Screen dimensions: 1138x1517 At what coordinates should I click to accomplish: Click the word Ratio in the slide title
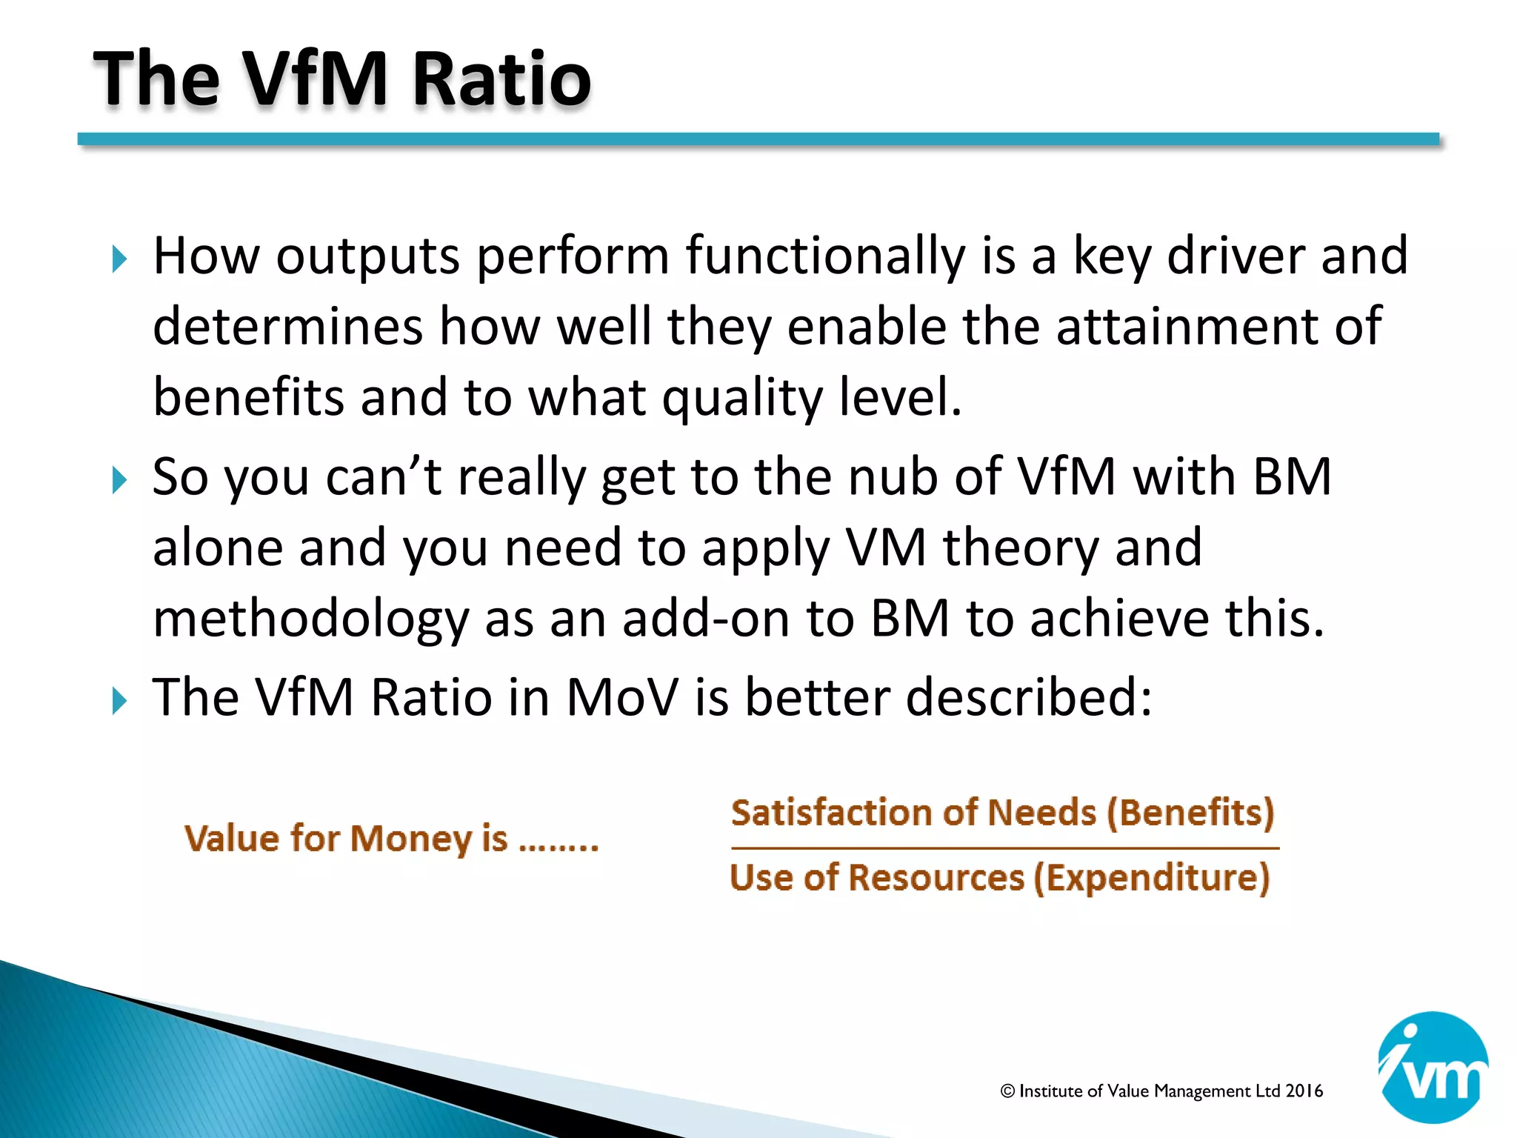(x=501, y=79)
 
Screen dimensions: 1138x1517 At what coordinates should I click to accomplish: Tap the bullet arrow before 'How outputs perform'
(x=120, y=259)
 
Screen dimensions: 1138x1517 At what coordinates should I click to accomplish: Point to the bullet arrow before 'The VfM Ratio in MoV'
(x=120, y=701)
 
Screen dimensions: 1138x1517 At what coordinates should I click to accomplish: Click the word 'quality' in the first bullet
(x=741, y=399)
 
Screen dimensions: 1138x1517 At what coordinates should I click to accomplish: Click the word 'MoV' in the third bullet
(x=621, y=698)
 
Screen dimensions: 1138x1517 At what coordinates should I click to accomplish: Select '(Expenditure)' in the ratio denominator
(x=1152, y=878)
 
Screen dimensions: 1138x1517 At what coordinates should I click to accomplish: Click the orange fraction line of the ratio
(x=1004, y=848)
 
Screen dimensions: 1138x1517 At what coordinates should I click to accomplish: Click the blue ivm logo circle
(x=1433, y=1067)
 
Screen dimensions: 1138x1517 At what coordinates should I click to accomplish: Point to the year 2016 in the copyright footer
(x=1304, y=1091)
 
